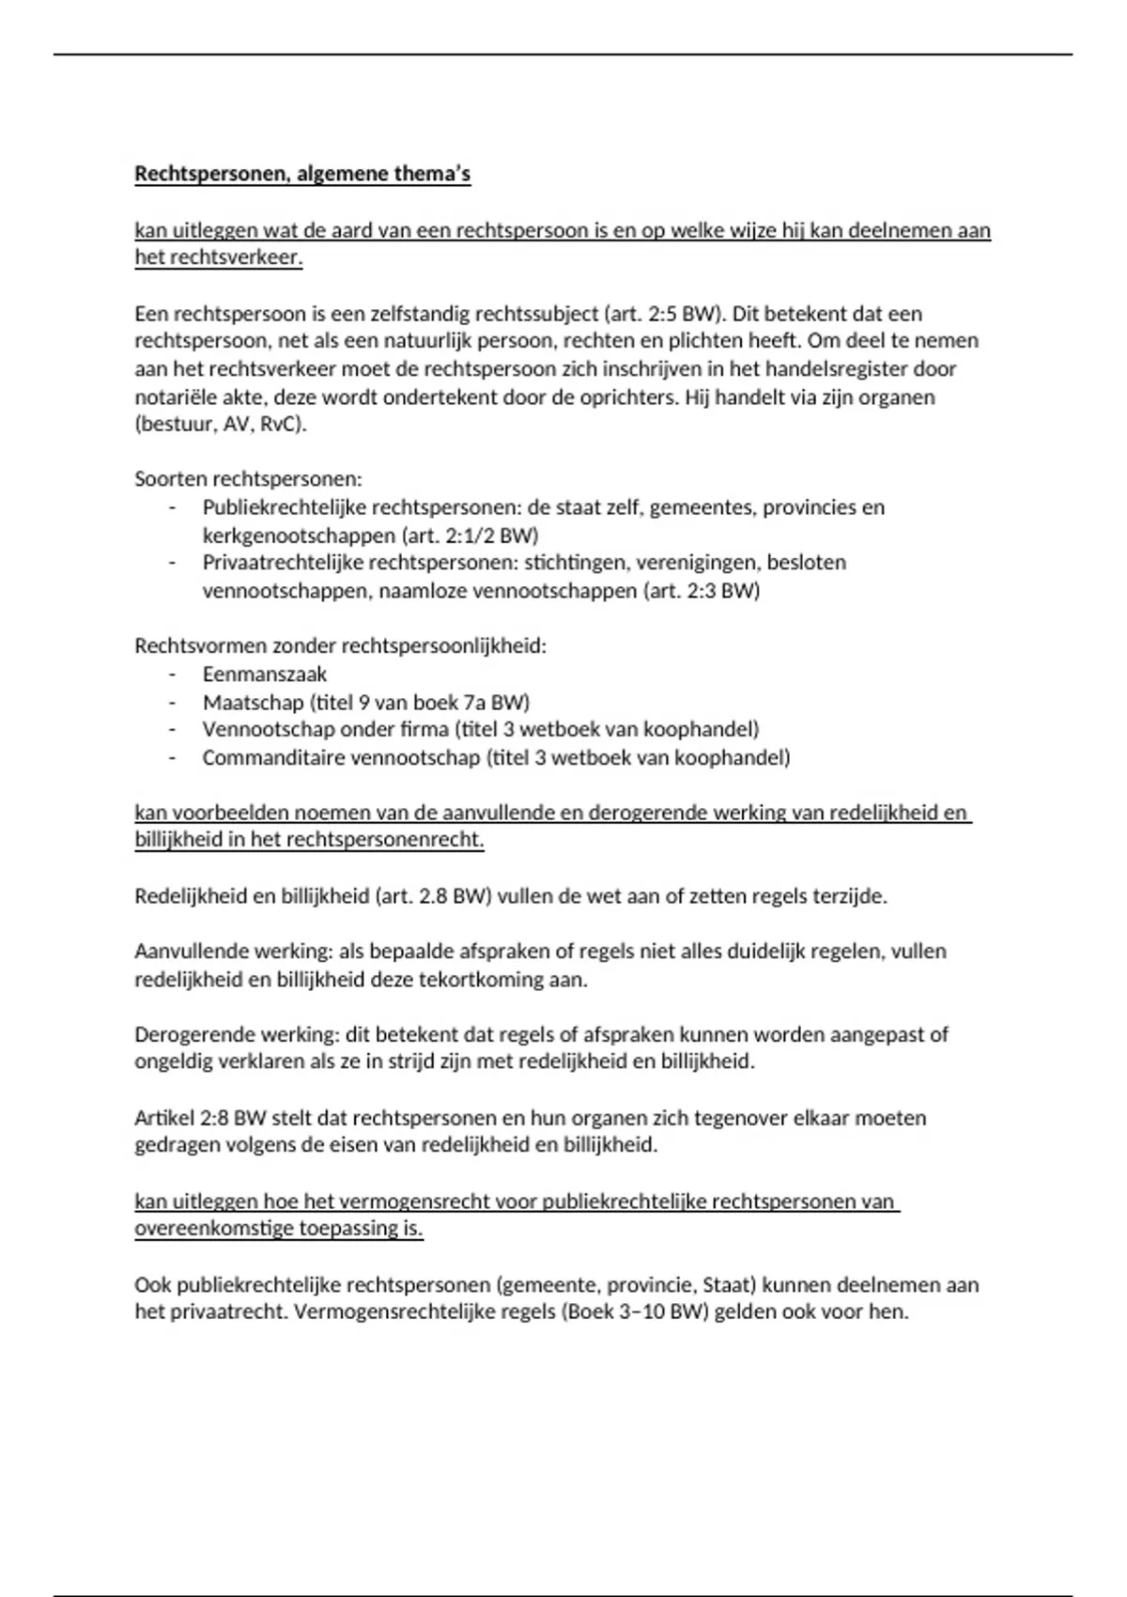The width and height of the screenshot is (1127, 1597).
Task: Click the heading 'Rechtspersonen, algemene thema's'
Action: (x=302, y=174)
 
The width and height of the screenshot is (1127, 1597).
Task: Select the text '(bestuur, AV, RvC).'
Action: (x=221, y=424)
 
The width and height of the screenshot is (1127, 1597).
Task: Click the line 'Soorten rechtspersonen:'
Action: (x=248, y=479)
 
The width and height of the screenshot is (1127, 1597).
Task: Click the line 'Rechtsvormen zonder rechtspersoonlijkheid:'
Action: (x=340, y=646)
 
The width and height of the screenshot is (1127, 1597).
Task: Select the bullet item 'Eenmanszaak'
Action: (x=265, y=674)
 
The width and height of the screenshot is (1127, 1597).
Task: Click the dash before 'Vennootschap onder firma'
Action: (x=172, y=730)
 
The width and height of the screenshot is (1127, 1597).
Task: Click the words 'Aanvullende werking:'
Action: (x=233, y=952)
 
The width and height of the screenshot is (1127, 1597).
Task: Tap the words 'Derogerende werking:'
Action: (x=237, y=1034)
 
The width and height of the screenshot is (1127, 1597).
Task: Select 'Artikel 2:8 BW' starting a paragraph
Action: (x=200, y=1118)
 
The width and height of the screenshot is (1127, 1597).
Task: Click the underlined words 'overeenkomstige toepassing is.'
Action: (x=279, y=1229)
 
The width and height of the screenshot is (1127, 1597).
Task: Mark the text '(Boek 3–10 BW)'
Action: (x=634, y=1311)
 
